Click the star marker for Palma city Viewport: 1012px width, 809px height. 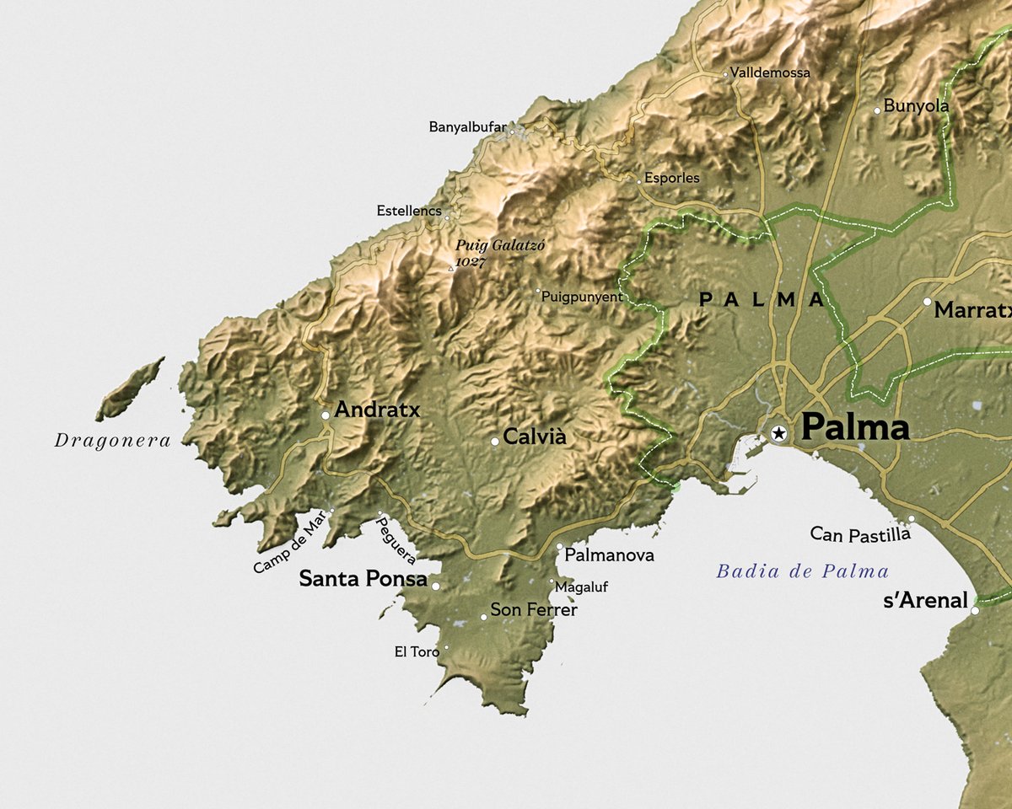click(779, 433)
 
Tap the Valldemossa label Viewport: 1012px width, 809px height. click(770, 72)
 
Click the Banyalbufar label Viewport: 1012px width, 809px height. click(467, 127)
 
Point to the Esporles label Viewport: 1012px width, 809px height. click(671, 178)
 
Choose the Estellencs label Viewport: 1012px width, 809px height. click(409, 211)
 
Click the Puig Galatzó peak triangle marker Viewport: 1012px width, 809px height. click(450, 269)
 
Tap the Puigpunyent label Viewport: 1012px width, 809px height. click(582, 297)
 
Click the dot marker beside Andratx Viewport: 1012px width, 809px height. click(326, 415)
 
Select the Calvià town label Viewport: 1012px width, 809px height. click(534, 437)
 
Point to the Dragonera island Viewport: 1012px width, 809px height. click(130, 389)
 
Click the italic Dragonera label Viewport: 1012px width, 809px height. click(112, 440)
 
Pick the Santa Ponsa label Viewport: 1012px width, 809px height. click(363, 579)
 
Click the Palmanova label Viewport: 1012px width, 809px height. click(609, 555)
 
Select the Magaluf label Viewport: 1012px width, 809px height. click(582, 587)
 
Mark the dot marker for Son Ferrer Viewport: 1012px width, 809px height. click(483, 617)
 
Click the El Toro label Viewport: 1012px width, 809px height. click(417, 651)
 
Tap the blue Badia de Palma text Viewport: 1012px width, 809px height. click(802, 571)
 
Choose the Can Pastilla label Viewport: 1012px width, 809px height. click(859, 533)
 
